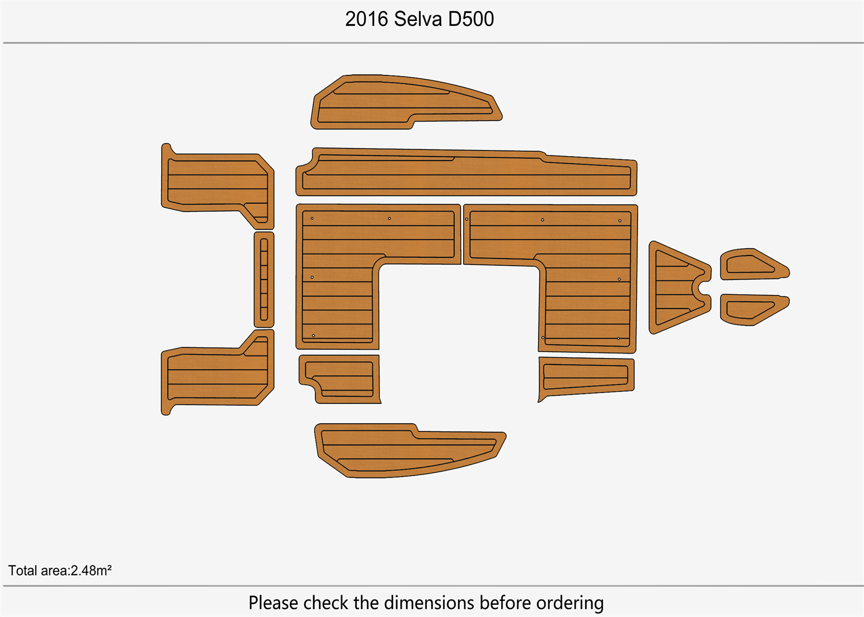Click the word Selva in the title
(418, 19)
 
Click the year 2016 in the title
(367, 19)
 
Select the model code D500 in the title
(471, 19)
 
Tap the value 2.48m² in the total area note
(91, 571)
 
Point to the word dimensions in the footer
(426, 603)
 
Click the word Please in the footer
(274, 603)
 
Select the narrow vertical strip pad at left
(264, 280)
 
